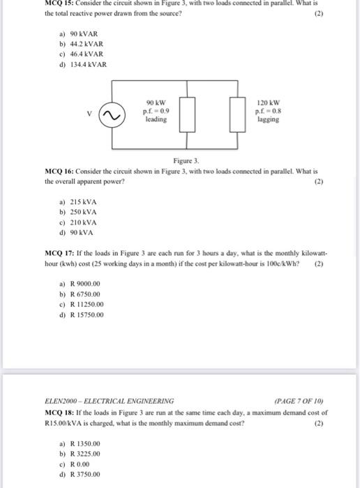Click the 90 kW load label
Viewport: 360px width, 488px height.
pos(156,102)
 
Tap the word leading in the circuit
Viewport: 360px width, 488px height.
pos(156,119)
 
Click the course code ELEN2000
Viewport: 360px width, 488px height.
pos(63,400)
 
